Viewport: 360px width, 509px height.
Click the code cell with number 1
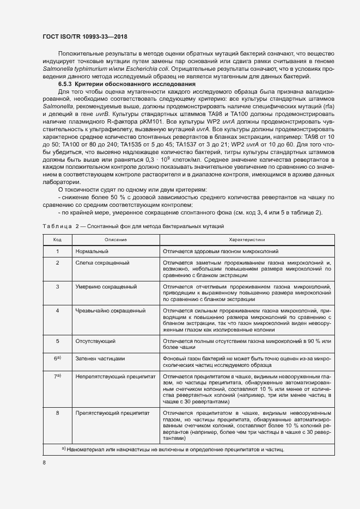pyautogui.click(x=57, y=252)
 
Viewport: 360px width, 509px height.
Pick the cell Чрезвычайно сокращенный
pyautogui.click(x=111, y=310)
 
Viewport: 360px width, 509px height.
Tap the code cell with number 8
pyautogui.click(x=57, y=413)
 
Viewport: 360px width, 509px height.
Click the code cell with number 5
pyautogui.click(x=57, y=341)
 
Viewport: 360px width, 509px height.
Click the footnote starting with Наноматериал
pyautogui.click(x=174, y=449)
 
